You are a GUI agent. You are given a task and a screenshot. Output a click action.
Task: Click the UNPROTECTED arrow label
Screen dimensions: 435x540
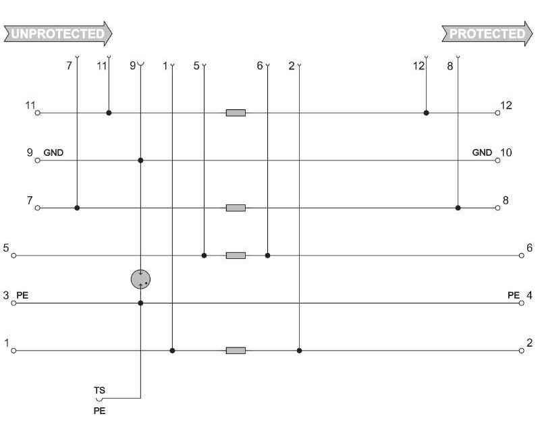click(x=57, y=33)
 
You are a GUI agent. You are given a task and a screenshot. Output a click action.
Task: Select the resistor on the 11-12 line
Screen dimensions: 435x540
click(x=236, y=113)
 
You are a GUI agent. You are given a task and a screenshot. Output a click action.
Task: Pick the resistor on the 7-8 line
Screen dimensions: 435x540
click(x=236, y=208)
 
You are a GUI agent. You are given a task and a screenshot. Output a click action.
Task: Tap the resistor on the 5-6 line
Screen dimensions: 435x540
click(x=236, y=256)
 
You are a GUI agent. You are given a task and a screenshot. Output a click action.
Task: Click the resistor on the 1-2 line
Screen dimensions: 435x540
click(x=236, y=351)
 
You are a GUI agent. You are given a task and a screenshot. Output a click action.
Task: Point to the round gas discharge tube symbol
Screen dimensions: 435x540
click(x=140, y=279)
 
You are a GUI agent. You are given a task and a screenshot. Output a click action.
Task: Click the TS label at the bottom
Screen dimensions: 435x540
click(x=99, y=390)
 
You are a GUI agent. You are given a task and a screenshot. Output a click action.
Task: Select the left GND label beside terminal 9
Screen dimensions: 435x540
click(x=53, y=153)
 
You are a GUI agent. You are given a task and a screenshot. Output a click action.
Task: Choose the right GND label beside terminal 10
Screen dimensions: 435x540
click(x=482, y=153)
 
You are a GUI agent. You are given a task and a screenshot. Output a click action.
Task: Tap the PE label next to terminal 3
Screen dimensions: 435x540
click(x=22, y=295)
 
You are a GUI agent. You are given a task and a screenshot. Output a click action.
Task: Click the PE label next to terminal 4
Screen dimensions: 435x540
click(x=514, y=295)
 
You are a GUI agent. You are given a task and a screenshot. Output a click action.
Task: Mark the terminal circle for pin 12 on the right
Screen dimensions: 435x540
click(x=497, y=113)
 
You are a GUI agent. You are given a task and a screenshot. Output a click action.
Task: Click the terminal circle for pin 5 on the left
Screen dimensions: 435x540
click(x=13, y=256)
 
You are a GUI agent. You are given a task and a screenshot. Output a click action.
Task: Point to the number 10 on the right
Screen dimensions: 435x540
click(x=506, y=152)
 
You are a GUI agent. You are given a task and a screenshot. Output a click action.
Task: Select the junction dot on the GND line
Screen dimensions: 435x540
click(x=140, y=161)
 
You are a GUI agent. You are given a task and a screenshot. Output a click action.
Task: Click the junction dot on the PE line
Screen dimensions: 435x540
click(x=140, y=303)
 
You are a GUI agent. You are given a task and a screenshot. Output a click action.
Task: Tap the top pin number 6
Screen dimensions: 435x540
click(x=260, y=66)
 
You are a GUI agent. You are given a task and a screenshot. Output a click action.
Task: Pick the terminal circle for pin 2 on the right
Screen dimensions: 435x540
click(x=521, y=351)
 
